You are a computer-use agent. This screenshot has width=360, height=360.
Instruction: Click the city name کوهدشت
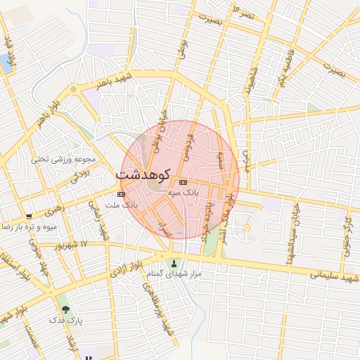[x=146, y=172]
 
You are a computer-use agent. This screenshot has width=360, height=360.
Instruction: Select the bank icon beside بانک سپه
[x=183, y=182]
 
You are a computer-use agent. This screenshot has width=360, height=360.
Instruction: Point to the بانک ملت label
[x=121, y=204]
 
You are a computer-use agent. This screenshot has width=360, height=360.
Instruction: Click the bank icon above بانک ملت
[x=121, y=194]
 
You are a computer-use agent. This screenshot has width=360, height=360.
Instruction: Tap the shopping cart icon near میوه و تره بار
[x=28, y=217]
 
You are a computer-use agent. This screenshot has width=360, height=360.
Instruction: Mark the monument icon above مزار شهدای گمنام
[x=174, y=264]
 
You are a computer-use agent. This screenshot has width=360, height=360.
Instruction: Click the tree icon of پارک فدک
[x=65, y=309]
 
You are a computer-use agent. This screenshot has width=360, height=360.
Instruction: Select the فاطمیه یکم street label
[x=285, y=67]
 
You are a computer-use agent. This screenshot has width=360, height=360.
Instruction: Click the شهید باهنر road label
[x=115, y=83]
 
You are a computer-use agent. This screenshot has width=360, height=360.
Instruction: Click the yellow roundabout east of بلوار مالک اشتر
[x=246, y=228]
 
